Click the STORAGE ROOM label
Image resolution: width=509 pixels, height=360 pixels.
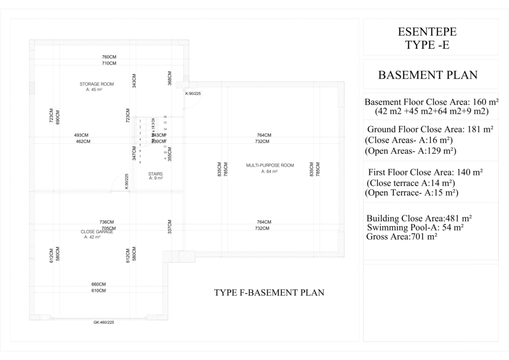pos(96,84)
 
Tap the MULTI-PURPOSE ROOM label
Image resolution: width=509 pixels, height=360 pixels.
pos(270,165)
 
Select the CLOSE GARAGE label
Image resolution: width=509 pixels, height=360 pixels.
pos(97,231)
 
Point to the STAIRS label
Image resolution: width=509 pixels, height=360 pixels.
pos(156,174)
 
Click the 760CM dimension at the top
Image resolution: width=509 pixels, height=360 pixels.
pos(109,57)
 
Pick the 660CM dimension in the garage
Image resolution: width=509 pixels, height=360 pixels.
pos(98,284)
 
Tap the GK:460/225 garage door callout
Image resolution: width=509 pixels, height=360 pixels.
pos(104,322)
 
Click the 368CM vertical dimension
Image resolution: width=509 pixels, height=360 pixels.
pos(170,78)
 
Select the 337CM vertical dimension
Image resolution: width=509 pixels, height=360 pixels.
pos(170,227)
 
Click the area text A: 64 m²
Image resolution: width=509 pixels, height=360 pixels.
pos(269,171)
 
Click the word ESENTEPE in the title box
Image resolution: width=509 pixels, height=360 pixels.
pos(427,32)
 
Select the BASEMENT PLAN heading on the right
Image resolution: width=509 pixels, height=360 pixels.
pos(427,75)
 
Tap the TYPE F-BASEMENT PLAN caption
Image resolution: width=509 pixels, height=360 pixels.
pos(269,292)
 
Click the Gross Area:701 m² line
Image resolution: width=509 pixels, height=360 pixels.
pos(402,237)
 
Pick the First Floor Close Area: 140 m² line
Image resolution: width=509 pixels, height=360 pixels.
pos(426,173)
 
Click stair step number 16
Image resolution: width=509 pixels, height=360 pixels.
pos(165,116)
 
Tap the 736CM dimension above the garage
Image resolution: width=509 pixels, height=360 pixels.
pos(106,222)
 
